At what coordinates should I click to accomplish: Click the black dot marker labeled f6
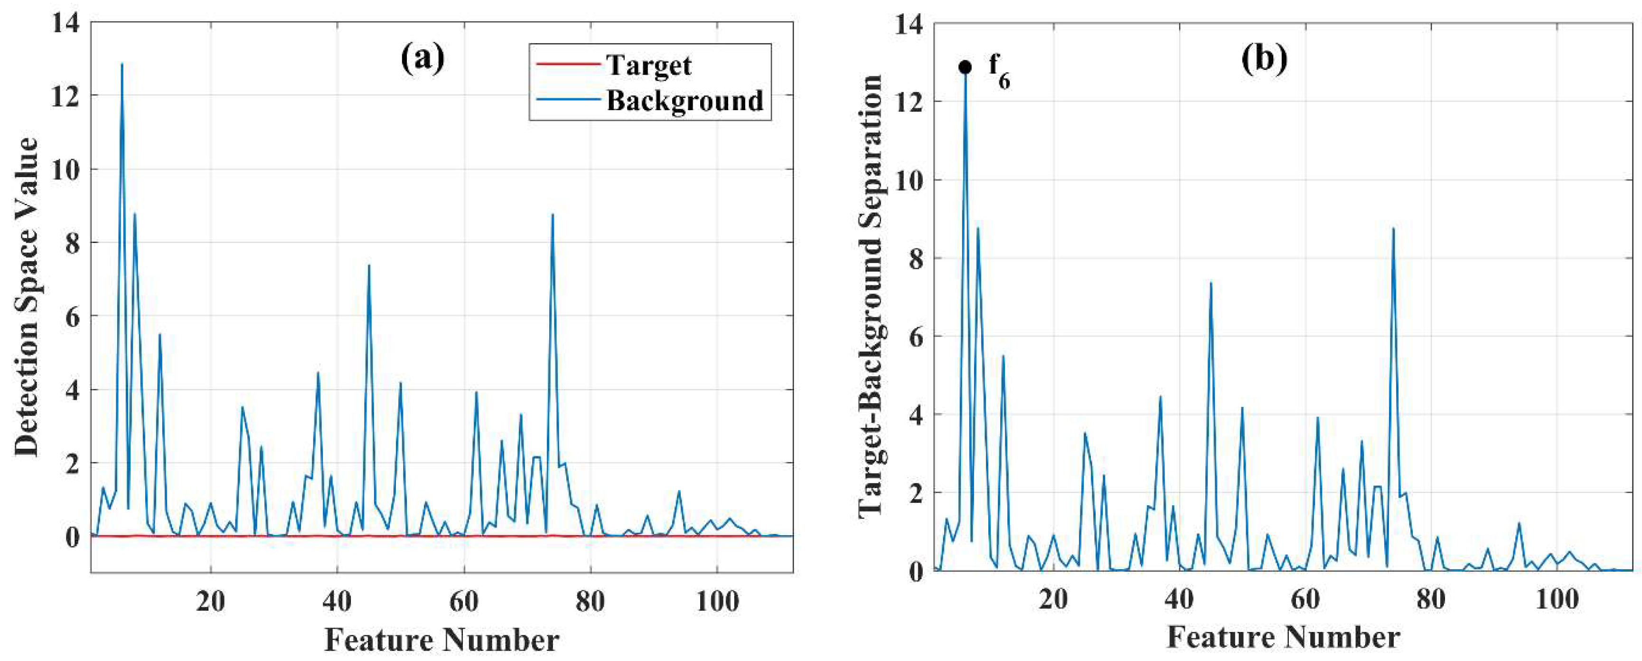965,67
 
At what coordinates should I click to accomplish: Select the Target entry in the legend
648,65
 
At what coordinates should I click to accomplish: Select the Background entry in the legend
684,101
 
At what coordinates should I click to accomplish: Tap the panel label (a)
422,59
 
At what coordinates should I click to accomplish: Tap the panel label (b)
1264,59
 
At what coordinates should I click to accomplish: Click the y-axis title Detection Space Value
27,296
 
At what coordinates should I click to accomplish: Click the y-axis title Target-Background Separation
870,296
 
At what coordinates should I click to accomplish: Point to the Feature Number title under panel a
442,639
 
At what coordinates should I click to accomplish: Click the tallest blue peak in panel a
122,65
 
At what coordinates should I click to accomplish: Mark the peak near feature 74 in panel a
553,215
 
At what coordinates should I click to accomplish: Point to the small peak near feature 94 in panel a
679,491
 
